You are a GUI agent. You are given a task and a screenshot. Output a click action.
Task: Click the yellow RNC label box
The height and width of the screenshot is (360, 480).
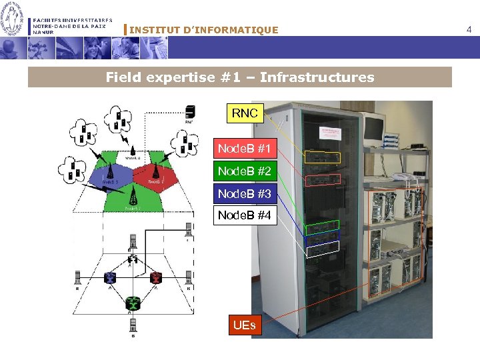[245, 113]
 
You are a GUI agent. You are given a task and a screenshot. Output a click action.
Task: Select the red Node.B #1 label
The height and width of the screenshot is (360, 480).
[244, 149]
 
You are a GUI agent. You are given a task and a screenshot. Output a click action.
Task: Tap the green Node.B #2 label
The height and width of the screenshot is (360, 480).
[244, 171]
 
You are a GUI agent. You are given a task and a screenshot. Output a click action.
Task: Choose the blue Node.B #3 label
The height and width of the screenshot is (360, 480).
[244, 194]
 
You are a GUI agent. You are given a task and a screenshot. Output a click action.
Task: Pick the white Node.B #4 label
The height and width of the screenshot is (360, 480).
[244, 215]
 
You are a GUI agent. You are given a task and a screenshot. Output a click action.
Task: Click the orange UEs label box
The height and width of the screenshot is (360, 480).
[244, 326]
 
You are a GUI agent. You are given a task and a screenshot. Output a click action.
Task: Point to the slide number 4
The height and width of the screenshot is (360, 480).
[469, 29]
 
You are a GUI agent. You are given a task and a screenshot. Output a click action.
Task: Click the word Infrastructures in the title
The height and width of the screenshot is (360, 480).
[317, 77]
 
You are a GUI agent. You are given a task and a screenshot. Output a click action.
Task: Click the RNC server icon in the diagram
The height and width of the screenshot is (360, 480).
[190, 111]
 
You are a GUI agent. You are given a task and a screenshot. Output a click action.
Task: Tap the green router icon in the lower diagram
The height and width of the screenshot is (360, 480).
[133, 303]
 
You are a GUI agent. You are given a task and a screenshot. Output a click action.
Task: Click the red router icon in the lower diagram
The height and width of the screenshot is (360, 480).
[156, 278]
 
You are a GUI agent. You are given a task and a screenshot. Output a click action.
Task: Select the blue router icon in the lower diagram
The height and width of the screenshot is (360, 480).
[111, 278]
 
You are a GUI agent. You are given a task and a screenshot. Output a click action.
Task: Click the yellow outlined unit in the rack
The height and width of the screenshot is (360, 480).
[322, 157]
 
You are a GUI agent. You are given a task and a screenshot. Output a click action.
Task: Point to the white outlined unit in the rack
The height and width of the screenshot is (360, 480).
[323, 249]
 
